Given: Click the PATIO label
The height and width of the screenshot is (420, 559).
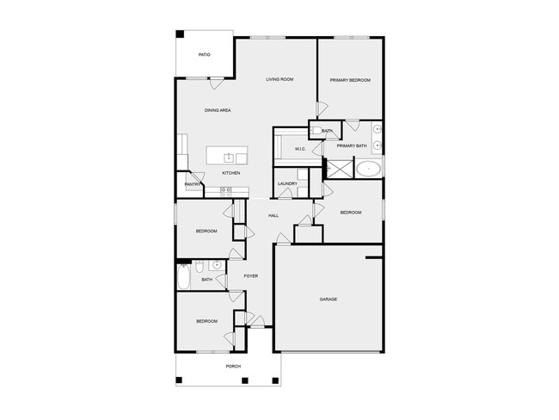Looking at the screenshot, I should pyautogui.click(x=204, y=55).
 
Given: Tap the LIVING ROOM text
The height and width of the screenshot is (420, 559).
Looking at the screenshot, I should pyautogui.click(x=279, y=79).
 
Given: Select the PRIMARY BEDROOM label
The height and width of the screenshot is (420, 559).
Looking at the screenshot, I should pyautogui.click(x=350, y=80).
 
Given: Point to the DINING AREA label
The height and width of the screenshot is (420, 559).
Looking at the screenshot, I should pyautogui.click(x=217, y=110).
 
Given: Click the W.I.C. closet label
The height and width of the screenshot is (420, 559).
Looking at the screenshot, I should pyautogui.click(x=300, y=149).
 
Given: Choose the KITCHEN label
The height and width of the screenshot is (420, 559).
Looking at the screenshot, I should pyautogui.click(x=230, y=173).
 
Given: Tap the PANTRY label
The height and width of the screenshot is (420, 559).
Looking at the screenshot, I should pyautogui.click(x=192, y=183).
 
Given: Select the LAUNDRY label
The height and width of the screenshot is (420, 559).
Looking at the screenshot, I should pyautogui.click(x=287, y=183).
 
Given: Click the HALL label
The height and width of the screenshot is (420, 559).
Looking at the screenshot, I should pyautogui.click(x=273, y=215).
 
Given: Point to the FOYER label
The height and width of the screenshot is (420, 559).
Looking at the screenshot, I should pyautogui.click(x=250, y=276).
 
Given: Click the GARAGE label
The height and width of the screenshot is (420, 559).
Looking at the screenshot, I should pyautogui.click(x=328, y=300).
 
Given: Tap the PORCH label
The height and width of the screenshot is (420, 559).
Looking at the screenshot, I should pyautogui.click(x=232, y=367).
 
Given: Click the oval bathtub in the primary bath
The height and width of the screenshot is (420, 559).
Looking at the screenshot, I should pyautogui.click(x=368, y=168).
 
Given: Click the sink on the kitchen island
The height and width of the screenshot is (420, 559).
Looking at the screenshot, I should pyautogui.click(x=229, y=157).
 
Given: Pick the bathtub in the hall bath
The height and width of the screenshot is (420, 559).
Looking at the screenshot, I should pyautogui.click(x=183, y=278).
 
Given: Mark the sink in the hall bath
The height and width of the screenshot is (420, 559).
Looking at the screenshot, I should pyautogui.click(x=216, y=264).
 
